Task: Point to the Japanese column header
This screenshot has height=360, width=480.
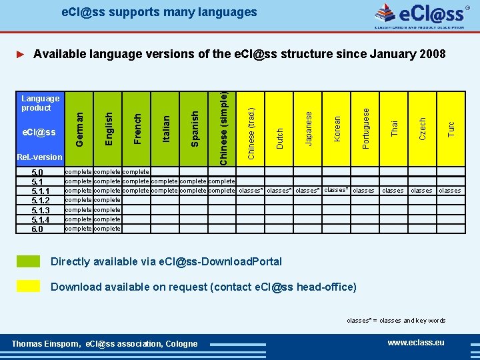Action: point(308,127)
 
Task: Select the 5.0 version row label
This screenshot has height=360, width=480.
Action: point(37,172)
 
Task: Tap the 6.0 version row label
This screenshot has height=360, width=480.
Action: point(37,229)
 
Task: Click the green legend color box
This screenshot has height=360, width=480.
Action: point(28,261)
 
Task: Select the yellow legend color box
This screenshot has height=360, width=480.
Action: point(28,286)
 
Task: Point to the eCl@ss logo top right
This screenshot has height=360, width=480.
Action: point(420,15)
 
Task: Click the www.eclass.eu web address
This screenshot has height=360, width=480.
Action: point(416,343)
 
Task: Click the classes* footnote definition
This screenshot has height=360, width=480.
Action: point(396,321)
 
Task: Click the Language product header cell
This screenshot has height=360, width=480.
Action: point(40,103)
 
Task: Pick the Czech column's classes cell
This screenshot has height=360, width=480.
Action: point(421,191)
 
